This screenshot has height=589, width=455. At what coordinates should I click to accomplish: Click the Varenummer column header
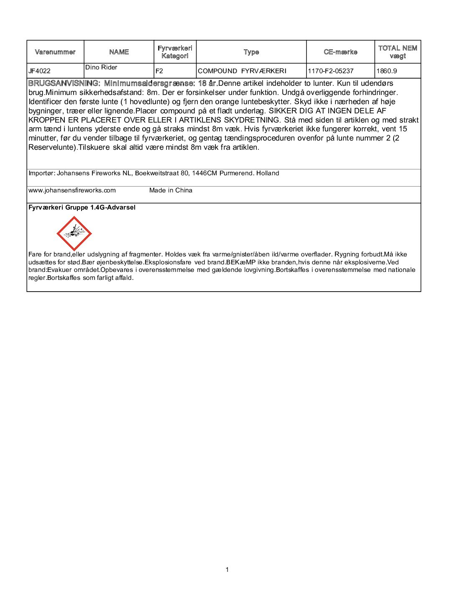[55, 52]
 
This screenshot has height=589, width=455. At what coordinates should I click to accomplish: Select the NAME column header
[119, 52]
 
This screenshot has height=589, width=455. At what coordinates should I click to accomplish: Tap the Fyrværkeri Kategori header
[175, 52]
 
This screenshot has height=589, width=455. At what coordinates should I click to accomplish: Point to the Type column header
[251, 52]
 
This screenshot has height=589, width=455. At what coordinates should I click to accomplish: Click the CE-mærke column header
[340, 52]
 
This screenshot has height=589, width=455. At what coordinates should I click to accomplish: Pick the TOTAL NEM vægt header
[398, 52]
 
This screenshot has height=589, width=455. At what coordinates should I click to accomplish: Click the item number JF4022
[39, 71]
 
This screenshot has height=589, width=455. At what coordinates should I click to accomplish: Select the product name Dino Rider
[101, 67]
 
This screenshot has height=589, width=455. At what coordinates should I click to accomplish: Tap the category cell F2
[159, 71]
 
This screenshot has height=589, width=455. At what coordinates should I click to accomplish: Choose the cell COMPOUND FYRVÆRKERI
[242, 71]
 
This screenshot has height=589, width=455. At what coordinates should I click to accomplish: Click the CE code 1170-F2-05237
[331, 71]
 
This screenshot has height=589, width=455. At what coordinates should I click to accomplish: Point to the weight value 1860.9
[387, 71]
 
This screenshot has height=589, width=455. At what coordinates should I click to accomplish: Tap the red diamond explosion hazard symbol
[74, 233]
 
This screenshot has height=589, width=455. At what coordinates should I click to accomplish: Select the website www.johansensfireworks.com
[72, 190]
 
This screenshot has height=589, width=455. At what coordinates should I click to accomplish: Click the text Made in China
[171, 190]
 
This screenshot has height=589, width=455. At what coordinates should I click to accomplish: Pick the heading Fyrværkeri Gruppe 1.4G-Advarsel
[82, 207]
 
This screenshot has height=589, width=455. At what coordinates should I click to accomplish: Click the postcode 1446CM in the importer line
[204, 173]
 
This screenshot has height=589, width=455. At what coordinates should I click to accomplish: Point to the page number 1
[227, 569]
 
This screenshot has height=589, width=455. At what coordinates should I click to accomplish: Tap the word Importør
[41, 173]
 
